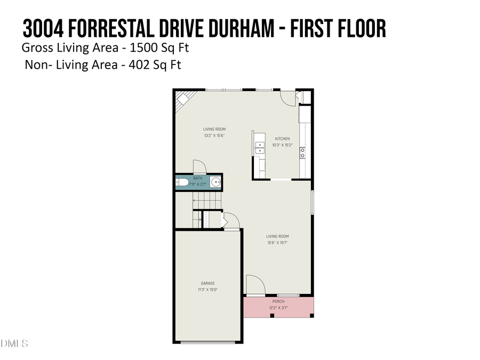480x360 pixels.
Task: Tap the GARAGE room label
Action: coord(208,283)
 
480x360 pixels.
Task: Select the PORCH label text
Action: coord(278,301)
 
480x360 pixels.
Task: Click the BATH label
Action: coord(198,178)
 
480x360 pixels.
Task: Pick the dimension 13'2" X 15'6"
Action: coord(214,135)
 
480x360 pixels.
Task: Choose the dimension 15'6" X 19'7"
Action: coord(277,243)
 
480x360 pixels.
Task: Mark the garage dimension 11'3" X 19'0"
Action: coord(208,290)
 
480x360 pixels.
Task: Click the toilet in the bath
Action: coord(182,183)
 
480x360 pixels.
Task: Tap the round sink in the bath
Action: coord(215,183)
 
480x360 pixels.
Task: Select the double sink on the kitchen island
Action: coord(259,148)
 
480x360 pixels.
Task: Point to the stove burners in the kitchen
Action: coord(302,153)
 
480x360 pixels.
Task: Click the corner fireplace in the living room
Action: coord(185,99)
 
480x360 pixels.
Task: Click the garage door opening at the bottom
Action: coord(208,342)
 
